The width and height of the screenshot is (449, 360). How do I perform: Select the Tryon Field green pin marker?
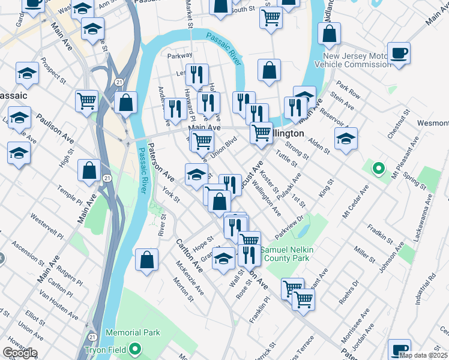(x=136, y=348)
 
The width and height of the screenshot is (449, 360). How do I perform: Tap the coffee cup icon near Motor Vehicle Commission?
(x=399, y=53)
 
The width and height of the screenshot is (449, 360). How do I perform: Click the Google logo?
(x=20, y=353)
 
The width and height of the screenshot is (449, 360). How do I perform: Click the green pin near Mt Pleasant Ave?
(x=378, y=169)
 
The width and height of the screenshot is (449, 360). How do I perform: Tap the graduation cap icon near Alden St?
(x=346, y=139)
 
